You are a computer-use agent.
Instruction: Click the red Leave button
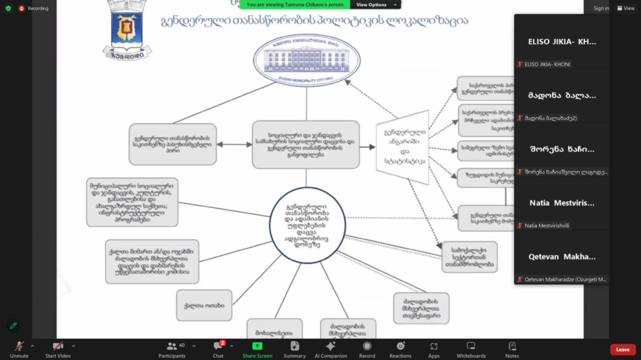point(622,349)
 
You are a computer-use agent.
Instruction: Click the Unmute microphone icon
point(19,346)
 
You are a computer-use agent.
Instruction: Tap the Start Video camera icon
point(58,346)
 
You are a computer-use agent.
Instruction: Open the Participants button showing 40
point(172,346)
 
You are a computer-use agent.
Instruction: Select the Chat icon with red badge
point(218,346)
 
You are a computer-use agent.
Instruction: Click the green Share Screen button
point(257,346)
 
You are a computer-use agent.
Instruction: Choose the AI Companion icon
point(330,346)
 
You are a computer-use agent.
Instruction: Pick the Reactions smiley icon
point(400,346)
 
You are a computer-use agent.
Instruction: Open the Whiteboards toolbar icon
point(471,346)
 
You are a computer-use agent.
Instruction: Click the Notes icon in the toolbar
point(512,346)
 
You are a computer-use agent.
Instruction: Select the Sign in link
point(601,8)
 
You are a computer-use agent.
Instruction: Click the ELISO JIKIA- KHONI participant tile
point(562,42)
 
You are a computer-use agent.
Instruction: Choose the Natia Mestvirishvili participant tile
point(562,203)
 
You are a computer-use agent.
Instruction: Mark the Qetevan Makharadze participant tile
point(562,257)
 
